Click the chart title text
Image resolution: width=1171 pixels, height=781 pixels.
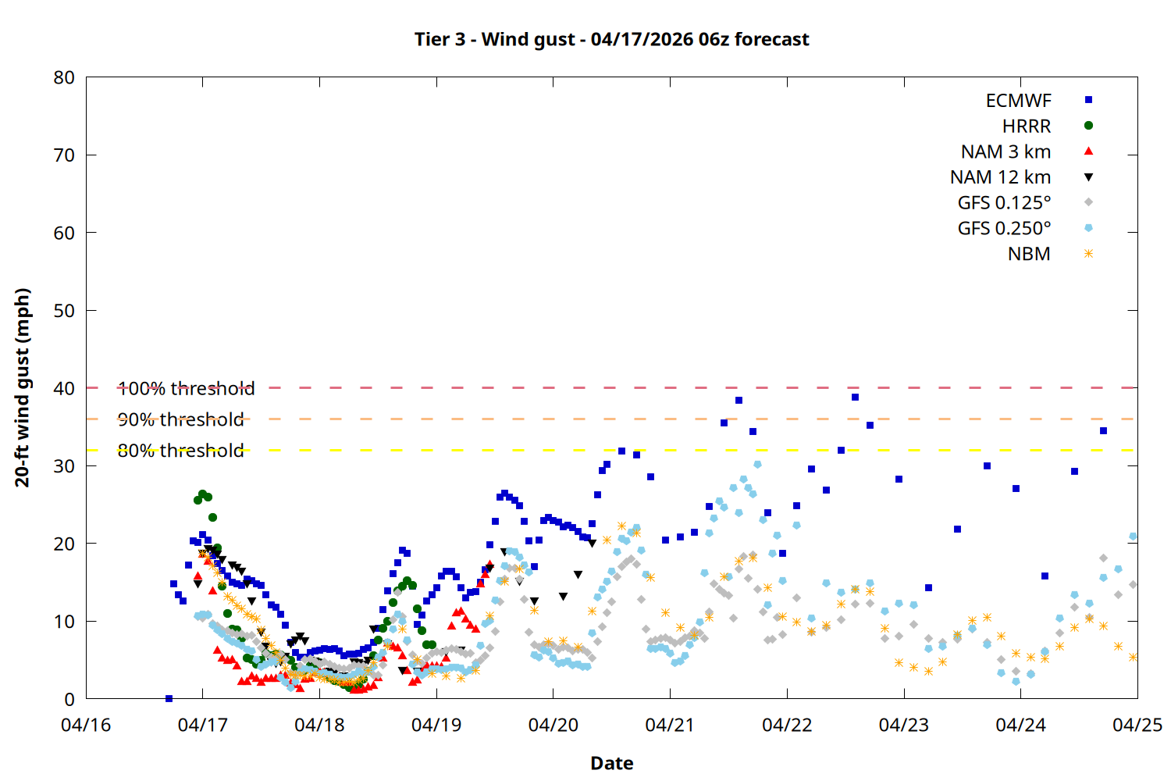point(611,39)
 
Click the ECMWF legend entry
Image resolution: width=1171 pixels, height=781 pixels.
point(1018,101)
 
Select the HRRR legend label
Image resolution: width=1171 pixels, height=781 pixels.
point(1027,127)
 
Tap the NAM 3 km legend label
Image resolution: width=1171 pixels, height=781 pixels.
point(1005,152)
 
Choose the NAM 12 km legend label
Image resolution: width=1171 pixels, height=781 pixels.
point(1000,177)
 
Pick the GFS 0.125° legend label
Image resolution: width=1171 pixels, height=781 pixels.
point(1004,203)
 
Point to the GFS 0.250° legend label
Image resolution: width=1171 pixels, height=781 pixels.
point(1004,229)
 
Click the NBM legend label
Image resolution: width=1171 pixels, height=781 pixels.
point(1029,255)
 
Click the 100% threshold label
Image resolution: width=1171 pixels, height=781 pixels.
point(186,388)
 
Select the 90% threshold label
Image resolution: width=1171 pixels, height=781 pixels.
point(180,419)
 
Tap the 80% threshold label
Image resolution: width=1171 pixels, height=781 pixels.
point(180,451)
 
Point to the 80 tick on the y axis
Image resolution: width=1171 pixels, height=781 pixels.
point(64,77)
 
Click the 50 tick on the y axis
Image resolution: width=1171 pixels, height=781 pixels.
point(64,310)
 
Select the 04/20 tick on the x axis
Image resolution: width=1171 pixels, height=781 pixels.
point(553,725)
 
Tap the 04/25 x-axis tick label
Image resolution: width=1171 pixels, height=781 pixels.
point(1137,725)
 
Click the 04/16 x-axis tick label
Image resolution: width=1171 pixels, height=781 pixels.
point(86,725)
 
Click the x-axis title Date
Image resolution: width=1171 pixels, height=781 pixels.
point(611,763)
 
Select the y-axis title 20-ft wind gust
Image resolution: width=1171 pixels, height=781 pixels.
point(23,387)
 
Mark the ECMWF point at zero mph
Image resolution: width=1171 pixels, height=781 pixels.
point(169,698)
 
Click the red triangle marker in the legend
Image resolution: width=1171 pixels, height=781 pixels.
point(1088,152)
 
